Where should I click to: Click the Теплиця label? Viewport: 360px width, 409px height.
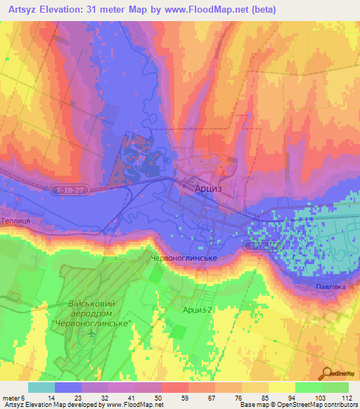pos(15,219)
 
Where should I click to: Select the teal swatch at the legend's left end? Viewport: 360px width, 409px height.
pos(41,387)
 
